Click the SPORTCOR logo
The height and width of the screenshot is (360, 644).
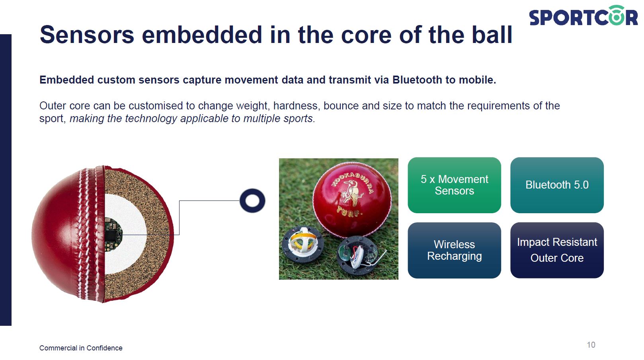pyautogui.click(x=584, y=16)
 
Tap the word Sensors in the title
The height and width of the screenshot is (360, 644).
pyautogui.click(x=87, y=35)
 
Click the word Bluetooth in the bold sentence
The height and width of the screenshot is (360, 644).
pyautogui.click(x=417, y=80)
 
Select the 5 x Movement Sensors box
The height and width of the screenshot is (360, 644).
pyautogui.click(x=454, y=185)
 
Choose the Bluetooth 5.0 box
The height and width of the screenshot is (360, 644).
pyautogui.click(x=557, y=185)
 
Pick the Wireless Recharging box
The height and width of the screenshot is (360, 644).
pyautogui.click(x=454, y=250)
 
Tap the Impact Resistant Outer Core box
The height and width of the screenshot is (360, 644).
pyautogui.click(x=557, y=250)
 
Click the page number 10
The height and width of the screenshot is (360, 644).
pyautogui.click(x=591, y=345)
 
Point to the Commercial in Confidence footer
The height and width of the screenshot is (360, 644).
pyautogui.click(x=81, y=348)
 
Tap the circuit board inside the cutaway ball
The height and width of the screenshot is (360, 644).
pyautogui.click(x=113, y=234)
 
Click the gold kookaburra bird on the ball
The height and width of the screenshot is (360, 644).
pyautogui.click(x=351, y=193)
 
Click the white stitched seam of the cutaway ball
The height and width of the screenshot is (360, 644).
pyautogui.click(x=90, y=234)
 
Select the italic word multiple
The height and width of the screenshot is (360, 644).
pyautogui.click(x=262, y=119)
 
